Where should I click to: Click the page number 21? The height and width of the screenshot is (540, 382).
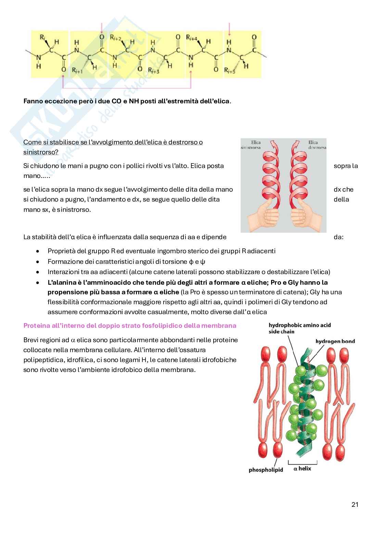click(355, 504)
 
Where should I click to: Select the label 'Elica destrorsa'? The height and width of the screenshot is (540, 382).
click(317, 145)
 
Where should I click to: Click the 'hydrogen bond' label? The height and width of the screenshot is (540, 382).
click(335, 341)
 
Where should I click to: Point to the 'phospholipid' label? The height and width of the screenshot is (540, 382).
click(266, 470)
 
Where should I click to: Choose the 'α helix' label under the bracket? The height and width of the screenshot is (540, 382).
click(302, 468)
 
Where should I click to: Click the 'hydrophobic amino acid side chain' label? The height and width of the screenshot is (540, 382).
click(299, 328)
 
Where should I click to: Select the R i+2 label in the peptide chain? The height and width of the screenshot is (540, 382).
click(115, 37)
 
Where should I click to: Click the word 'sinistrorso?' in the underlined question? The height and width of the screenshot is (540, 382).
click(41, 152)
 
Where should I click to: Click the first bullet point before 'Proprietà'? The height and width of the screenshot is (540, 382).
click(38, 251)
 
